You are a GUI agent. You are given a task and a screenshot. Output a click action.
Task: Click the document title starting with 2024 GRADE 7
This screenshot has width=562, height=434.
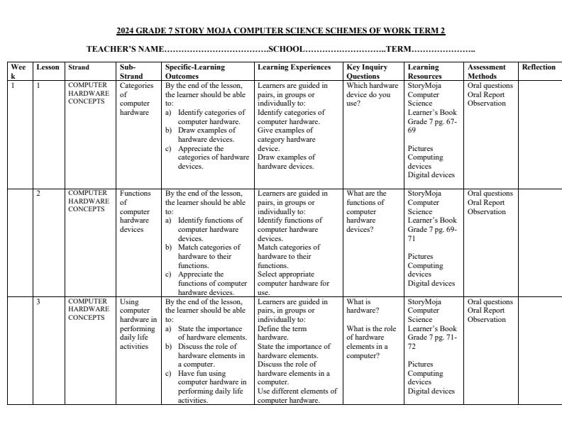tap(280, 31)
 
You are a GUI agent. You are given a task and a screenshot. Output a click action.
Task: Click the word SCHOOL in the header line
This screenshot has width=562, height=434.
tap(286, 50)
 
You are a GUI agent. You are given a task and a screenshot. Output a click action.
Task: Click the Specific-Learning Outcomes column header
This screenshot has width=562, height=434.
tap(195, 72)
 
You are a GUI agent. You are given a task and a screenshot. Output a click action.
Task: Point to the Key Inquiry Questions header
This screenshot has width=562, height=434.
tap(366, 72)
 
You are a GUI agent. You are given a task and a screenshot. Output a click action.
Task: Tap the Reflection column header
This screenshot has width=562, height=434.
tap(539, 67)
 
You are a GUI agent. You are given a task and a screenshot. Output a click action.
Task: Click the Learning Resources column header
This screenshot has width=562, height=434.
tap(424, 72)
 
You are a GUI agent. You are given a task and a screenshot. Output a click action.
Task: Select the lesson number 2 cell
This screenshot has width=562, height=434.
tap(39, 193)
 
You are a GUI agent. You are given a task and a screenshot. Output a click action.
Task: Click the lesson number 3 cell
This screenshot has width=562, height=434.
tap(39, 301)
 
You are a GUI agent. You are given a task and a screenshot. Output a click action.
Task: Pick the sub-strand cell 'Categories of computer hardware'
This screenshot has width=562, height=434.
tap(134, 99)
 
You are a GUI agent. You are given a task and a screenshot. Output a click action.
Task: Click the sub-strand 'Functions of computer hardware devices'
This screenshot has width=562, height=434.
tap(135, 211)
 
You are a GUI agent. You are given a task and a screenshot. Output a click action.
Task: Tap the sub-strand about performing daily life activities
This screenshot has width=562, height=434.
tap(138, 324)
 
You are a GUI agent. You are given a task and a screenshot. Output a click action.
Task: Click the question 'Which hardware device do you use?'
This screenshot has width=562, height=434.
tap(372, 94)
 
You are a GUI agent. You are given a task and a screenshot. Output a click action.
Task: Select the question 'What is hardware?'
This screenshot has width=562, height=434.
tap(363, 306)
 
